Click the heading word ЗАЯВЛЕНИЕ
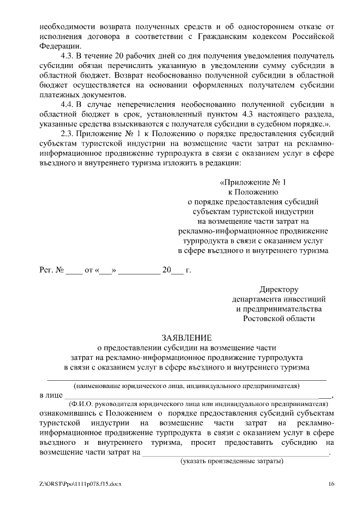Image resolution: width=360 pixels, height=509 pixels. (187, 337)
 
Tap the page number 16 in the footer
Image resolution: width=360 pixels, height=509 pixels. (332, 484)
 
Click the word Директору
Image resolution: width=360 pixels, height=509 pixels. (278, 289)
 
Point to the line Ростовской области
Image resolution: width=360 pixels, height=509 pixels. (278, 318)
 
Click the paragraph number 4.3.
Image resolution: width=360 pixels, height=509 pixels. (67, 56)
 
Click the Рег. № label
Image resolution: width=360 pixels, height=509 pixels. (51, 270)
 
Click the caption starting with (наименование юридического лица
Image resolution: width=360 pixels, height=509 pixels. (186, 386)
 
